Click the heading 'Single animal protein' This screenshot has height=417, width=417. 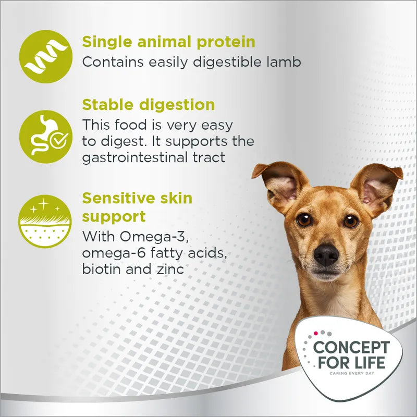[168, 41]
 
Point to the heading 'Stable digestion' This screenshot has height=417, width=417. [148, 104]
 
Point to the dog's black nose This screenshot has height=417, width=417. [326, 254]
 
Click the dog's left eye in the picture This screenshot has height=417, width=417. [304, 219]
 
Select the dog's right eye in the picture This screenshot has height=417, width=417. [351, 221]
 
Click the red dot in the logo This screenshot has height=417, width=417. [316, 333]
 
